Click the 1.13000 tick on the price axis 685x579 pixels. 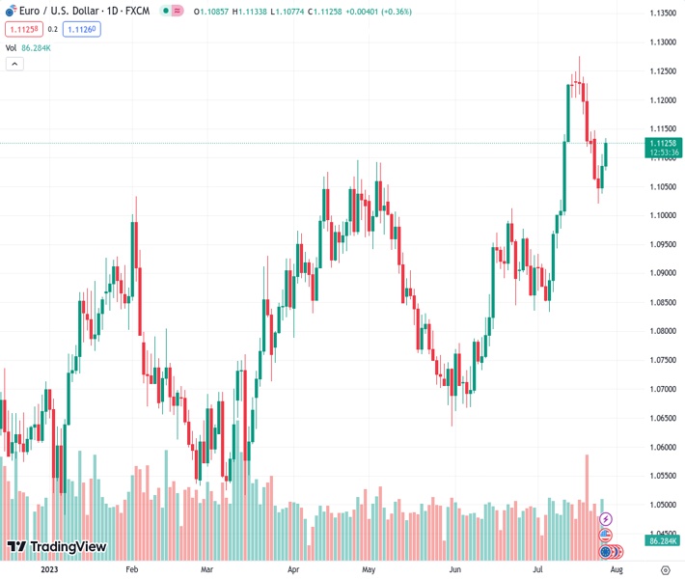tap(662, 41)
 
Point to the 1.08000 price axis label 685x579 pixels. tap(662, 331)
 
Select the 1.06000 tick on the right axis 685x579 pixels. tap(662, 447)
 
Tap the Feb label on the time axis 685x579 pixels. tap(132, 569)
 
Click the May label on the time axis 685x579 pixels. tap(368, 569)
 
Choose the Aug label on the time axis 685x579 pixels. tap(614, 569)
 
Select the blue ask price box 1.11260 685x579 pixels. tap(82, 29)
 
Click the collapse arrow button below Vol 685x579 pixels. tap(14, 64)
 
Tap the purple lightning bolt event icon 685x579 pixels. tap(606, 519)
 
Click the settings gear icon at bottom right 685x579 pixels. tap(665, 569)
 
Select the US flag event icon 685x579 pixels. tap(606, 536)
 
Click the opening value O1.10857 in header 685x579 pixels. tap(211, 12)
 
